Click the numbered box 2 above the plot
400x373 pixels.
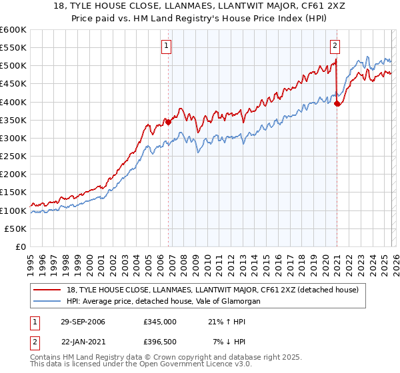(335, 46)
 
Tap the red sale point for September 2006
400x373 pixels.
(168, 122)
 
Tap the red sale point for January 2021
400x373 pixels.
(337, 103)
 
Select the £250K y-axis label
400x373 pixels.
(13, 156)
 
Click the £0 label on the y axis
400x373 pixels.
(20, 246)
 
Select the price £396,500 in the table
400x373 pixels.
(159, 342)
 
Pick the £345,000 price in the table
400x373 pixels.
(159, 322)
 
